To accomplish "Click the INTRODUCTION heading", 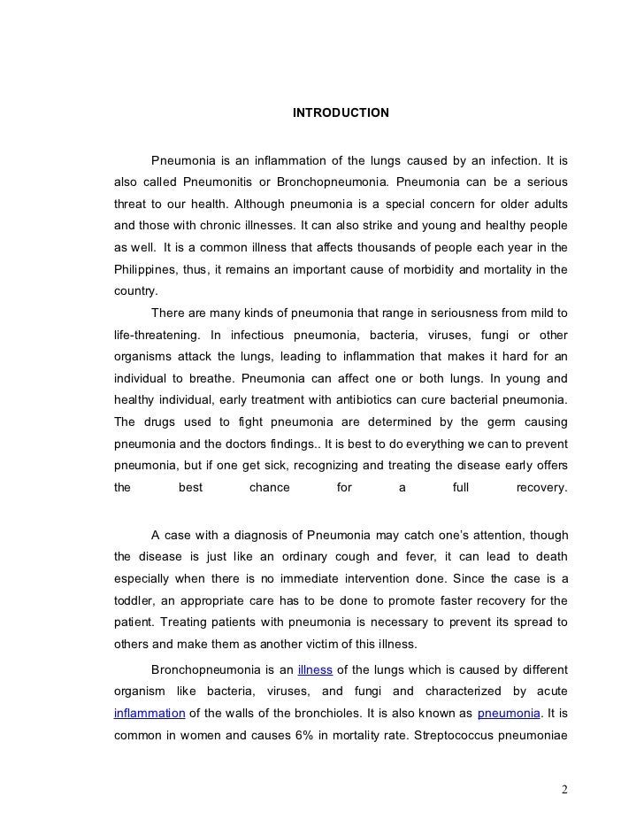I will pyautogui.click(x=341, y=113).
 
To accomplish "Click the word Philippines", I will pyautogui.click(x=145, y=267).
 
